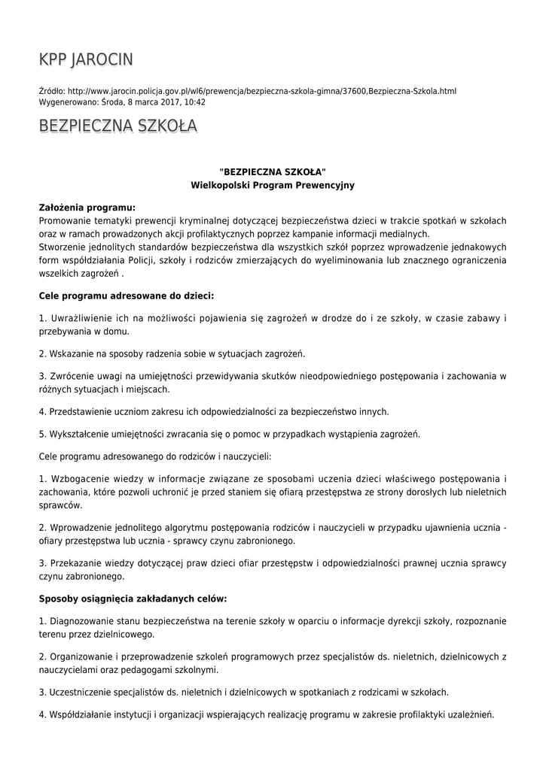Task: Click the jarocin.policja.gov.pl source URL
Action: click(261, 91)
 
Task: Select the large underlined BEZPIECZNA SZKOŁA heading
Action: click(118, 126)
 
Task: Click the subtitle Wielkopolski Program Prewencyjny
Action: click(273, 184)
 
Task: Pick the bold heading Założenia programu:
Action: click(87, 207)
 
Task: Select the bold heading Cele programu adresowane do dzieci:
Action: click(126, 296)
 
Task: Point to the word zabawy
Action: click(472, 319)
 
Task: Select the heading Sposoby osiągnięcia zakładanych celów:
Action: click(133, 599)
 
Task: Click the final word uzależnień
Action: click(471, 714)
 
